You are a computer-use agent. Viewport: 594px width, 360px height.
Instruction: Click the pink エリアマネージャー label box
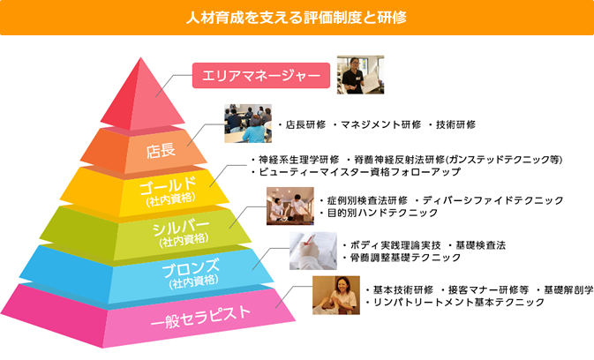pyautogui.click(x=261, y=75)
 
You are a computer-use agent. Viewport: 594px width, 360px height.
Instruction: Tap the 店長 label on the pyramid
pyautogui.click(x=161, y=150)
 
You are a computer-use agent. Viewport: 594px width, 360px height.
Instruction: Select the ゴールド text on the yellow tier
pyautogui.click(x=168, y=185)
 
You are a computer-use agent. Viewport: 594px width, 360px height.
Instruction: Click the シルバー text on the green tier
pyautogui.click(x=181, y=228)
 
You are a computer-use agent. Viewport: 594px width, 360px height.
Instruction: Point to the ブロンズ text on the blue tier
pyautogui.click(x=191, y=268)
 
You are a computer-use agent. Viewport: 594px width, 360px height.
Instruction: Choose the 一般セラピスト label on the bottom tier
pyautogui.click(x=200, y=317)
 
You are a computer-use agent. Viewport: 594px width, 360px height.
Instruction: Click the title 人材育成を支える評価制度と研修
pyautogui.click(x=297, y=18)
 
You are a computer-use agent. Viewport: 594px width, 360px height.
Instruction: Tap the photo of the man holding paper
pyautogui.click(x=360, y=75)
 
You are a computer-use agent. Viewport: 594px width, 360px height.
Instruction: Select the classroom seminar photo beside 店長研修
pyautogui.click(x=248, y=124)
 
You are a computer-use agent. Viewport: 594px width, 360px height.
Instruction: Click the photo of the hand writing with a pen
pyautogui.click(x=313, y=251)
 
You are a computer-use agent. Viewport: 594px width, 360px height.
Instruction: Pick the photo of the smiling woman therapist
pyautogui.click(x=336, y=295)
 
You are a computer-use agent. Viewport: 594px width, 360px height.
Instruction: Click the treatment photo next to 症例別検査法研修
pyautogui.click(x=289, y=206)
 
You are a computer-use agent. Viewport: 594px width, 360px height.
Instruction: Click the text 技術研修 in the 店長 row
pyautogui.click(x=455, y=124)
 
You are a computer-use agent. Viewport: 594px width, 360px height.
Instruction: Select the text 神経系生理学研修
pyautogui.click(x=298, y=160)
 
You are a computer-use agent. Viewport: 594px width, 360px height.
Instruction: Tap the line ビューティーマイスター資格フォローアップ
pyautogui.click(x=359, y=172)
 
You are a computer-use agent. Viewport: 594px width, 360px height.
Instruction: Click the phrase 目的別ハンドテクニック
pyautogui.click(x=382, y=213)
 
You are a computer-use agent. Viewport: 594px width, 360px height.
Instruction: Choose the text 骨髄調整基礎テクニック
pyautogui.click(x=405, y=258)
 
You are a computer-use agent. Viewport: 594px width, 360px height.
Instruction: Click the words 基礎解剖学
pyautogui.click(x=568, y=290)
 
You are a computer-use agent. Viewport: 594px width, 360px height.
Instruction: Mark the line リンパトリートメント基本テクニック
pyautogui.click(x=459, y=302)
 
